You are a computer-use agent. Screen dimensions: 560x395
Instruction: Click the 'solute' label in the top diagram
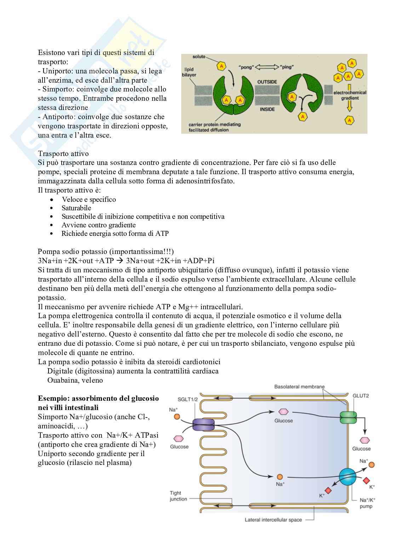point(199,57)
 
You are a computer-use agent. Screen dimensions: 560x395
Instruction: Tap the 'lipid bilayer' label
point(189,72)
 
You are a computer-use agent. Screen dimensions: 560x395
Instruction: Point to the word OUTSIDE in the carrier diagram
point(267,82)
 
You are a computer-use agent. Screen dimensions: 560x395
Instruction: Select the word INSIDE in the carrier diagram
point(267,109)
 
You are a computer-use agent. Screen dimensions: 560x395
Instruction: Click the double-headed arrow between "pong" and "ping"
point(267,67)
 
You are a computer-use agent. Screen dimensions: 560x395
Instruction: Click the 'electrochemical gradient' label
point(350,95)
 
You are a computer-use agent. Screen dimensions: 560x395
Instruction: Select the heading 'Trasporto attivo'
point(63,154)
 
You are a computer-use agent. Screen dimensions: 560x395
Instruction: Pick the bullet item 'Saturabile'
point(76,208)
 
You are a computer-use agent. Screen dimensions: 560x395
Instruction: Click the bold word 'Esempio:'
point(51,398)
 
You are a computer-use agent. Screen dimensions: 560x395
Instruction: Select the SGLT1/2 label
point(188,399)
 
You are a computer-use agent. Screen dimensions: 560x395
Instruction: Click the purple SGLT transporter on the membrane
point(204,424)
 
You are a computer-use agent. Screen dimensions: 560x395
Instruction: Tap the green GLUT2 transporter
point(349,417)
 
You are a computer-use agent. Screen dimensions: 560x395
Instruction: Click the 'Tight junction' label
point(178,496)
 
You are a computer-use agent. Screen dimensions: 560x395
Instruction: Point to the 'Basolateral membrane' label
point(299,387)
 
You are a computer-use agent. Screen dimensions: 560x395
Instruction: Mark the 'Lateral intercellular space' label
point(273,520)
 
